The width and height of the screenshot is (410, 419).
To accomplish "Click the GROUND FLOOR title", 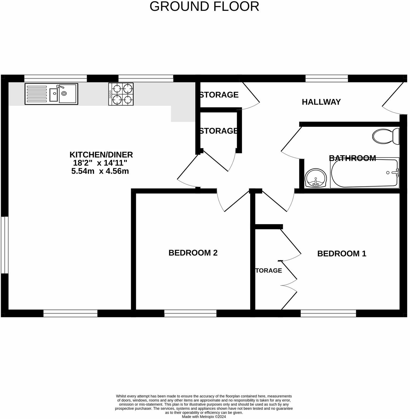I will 204,6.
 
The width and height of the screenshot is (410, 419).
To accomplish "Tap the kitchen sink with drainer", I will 52,94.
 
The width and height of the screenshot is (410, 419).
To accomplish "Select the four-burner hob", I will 121,94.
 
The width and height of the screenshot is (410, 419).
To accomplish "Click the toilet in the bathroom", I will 385,137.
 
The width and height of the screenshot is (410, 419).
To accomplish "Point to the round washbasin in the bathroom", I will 316,178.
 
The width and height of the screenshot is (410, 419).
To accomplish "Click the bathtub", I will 365,173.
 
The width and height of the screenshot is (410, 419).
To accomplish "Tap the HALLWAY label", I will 321,102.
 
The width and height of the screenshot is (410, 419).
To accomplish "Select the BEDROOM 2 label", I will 193,253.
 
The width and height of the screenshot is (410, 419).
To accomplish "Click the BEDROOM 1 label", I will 342,254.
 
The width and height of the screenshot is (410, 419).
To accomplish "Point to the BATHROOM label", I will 352,158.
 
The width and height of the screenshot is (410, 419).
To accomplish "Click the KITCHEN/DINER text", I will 101,154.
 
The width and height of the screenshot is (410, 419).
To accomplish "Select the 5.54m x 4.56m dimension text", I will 100,171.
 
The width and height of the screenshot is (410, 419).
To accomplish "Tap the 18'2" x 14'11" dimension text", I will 100,163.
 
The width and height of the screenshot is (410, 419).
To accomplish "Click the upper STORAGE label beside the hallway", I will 219,95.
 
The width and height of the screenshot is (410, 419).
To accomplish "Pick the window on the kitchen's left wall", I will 4,245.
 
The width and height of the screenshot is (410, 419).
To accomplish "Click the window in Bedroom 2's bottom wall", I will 190,313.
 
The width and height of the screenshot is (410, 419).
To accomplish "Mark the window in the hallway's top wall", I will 326,78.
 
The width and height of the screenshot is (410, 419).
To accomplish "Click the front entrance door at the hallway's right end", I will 393,98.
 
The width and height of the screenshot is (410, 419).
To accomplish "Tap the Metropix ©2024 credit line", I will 204,417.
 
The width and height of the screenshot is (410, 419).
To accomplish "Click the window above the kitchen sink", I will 55,78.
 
